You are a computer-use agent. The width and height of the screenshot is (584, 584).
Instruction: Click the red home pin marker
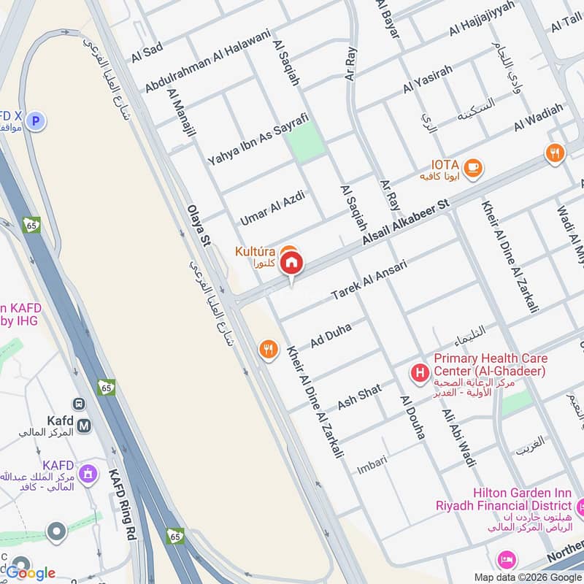click(x=291, y=264)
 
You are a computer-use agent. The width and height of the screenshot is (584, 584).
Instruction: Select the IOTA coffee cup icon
click(x=473, y=167)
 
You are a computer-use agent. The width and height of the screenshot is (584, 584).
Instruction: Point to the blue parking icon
click(x=36, y=120)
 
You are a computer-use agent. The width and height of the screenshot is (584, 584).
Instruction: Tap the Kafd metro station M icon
click(x=84, y=424)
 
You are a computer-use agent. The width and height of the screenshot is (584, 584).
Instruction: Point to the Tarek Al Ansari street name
click(x=368, y=280)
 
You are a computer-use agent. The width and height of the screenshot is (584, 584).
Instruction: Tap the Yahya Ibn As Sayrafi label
click(x=258, y=138)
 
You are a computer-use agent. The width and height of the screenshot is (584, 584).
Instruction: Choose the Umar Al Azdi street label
click(x=271, y=207)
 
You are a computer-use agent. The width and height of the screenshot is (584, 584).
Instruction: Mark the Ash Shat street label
click(x=359, y=396)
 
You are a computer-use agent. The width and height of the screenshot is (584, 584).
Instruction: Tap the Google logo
click(x=31, y=573)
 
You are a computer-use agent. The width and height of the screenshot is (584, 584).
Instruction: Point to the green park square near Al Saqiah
click(x=307, y=142)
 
